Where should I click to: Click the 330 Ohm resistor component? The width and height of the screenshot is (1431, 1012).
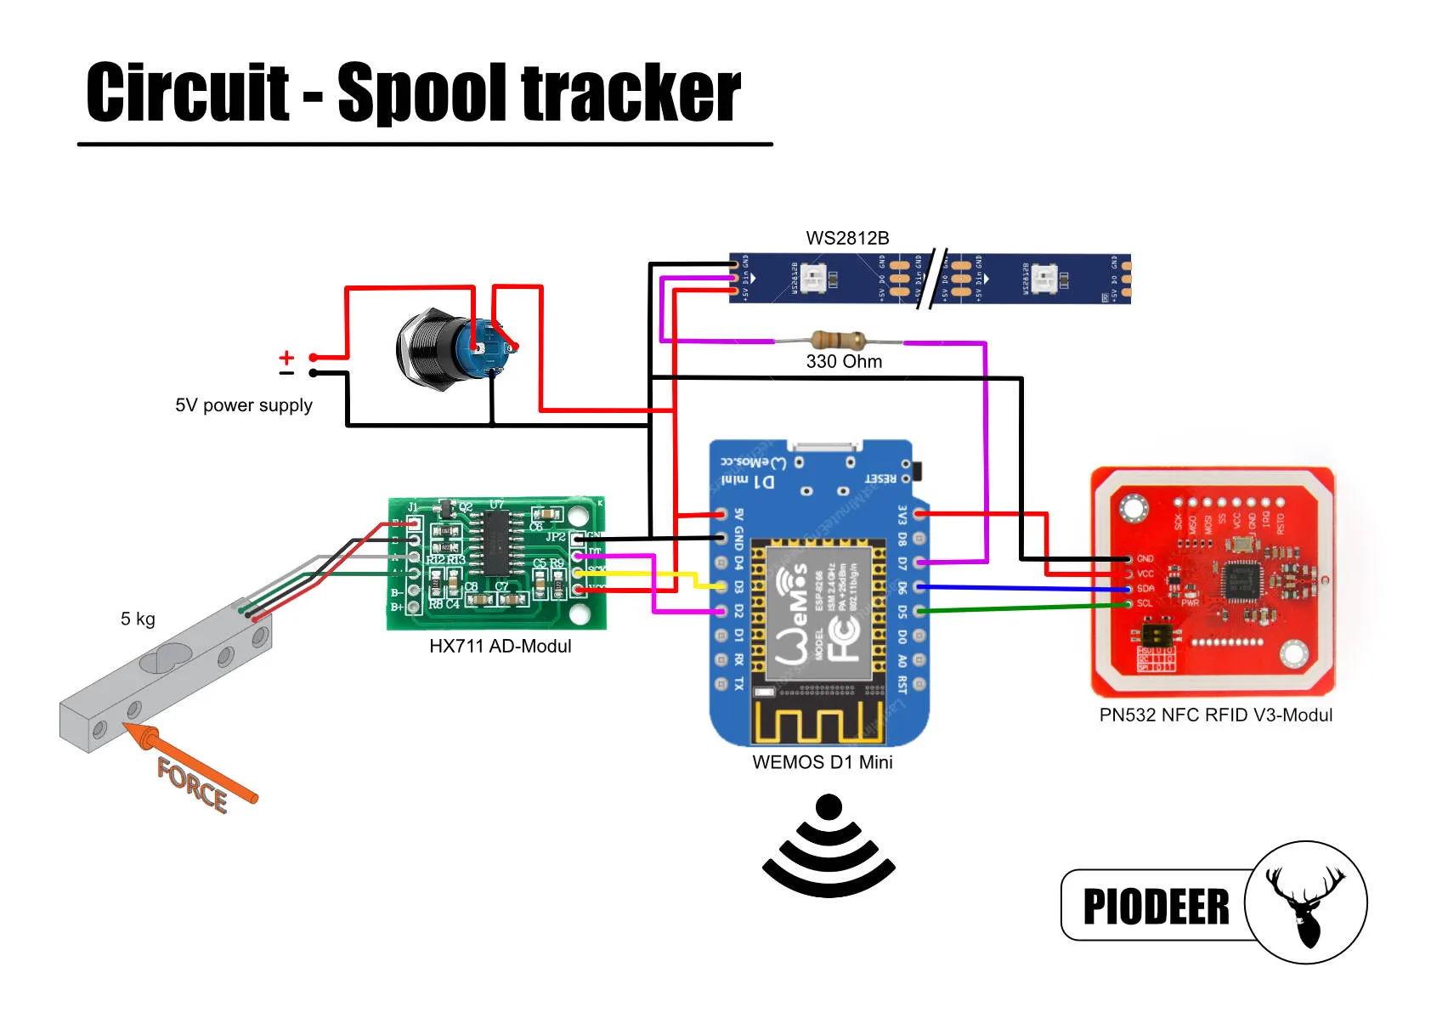pos(839,341)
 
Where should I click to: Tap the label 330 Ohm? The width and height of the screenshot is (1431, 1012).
pos(844,362)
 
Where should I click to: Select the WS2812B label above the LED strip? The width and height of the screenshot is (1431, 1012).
pos(847,239)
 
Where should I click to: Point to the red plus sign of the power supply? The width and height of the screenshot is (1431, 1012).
pos(287,357)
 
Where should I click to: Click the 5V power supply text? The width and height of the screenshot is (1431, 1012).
pos(244,405)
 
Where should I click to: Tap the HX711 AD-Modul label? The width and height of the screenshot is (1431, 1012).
pos(500,647)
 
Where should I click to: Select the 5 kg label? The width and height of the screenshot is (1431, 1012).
pos(138,619)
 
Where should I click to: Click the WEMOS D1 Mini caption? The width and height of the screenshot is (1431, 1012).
pos(822,762)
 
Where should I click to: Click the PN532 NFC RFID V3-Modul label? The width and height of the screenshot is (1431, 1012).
pos(1215,715)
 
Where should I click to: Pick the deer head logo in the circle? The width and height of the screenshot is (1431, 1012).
pos(1305,902)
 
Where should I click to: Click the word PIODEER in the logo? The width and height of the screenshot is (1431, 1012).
pos(1156,907)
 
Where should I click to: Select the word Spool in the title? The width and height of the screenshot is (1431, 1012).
pos(422,94)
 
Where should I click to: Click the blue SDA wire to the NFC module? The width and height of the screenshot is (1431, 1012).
pos(1020,588)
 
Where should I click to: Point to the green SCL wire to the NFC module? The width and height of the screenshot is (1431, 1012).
pos(1020,608)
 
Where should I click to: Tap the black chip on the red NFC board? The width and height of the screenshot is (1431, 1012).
pos(1241,581)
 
